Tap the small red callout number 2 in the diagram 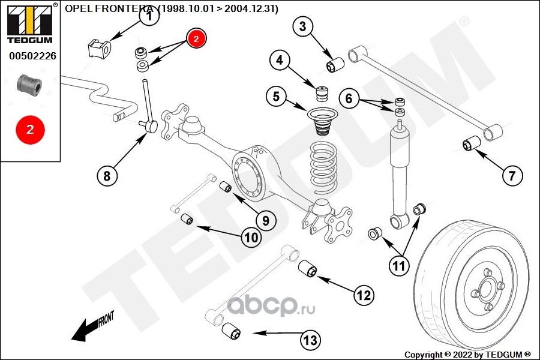pos(196,38)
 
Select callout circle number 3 pos(302,26)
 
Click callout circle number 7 pos(512,176)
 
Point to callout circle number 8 pos(107,176)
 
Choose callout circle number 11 pos(398,265)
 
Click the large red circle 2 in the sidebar pos(29,128)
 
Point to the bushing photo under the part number pos(29,84)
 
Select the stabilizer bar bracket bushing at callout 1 pos(100,48)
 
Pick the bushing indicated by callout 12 pos(308,268)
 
